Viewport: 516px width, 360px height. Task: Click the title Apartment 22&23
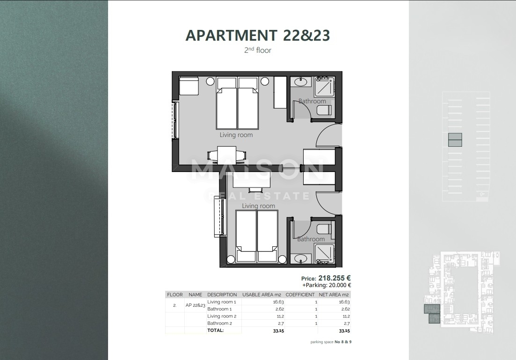258,36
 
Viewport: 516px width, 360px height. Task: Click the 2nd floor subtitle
258,50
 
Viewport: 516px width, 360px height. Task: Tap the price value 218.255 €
334,278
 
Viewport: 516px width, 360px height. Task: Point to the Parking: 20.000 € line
327,285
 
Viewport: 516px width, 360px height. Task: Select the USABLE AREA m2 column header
262,295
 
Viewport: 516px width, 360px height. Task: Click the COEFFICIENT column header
300,295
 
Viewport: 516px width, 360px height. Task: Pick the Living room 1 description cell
222,302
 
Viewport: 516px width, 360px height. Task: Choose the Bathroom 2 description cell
219,323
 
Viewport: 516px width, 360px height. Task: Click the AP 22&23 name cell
196,305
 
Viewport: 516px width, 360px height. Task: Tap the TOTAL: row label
216,330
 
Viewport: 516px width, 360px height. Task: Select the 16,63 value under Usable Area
278,302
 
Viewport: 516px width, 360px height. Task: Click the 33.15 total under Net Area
344,331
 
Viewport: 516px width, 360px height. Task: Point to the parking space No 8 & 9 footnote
331,342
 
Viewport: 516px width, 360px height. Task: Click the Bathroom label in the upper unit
312,101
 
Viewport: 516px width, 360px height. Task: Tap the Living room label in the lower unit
258,206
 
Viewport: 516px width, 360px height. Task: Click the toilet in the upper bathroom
324,110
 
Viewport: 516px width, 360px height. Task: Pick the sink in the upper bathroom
301,83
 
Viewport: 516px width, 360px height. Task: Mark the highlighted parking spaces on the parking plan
455,140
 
